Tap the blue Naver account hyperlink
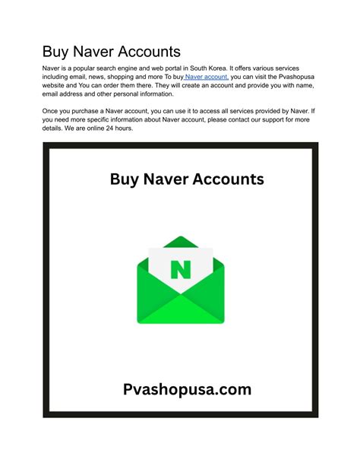(206, 77)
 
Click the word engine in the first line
(141, 68)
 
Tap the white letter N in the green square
(180, 271)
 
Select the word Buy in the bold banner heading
(125, 179)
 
